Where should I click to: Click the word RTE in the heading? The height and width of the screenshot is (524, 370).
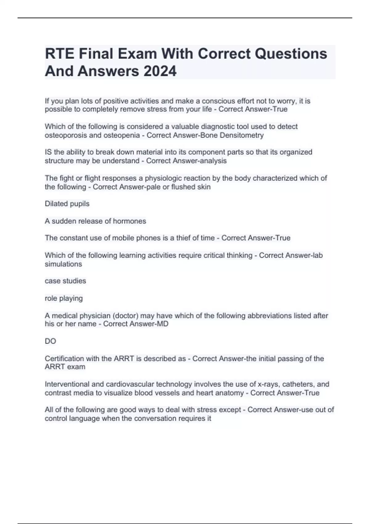tap(60, 54)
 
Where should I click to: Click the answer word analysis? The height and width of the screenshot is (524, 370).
tap(213, 161)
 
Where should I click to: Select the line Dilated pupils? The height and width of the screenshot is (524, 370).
tap(67, 204)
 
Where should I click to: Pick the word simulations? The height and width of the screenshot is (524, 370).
tap(63, 264)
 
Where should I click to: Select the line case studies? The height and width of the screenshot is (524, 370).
tap(65, 281)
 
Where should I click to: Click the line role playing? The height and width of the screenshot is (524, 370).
tap(64, 298)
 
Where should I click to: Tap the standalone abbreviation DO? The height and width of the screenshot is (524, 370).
tap(50, 341)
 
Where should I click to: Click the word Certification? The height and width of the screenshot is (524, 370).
tap(64, 359)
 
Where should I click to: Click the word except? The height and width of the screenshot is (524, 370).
tap(229, 410)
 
